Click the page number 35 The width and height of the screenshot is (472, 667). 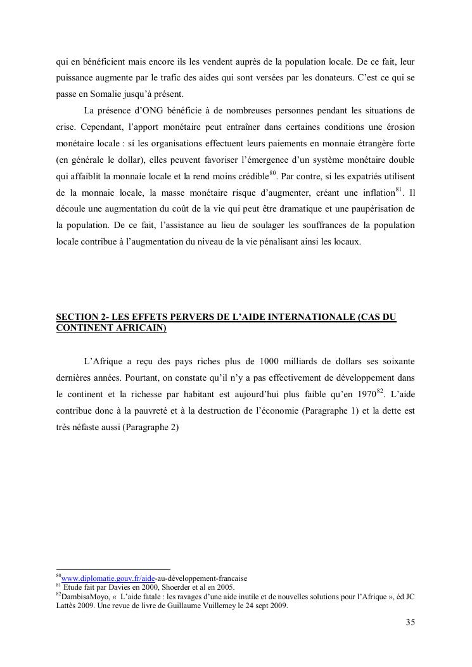pyautogui.click(x=410, y=622)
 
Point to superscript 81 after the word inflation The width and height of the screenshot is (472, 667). pyautogui.click(x=399, y=189)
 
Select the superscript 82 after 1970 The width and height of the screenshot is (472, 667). pyautogui.click(x=380, y=391)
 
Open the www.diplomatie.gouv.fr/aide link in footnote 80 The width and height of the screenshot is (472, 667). pyautogui.click(x=108, y=578)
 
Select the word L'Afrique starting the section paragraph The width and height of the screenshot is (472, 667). pyautogui.click(x=103, y=361)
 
